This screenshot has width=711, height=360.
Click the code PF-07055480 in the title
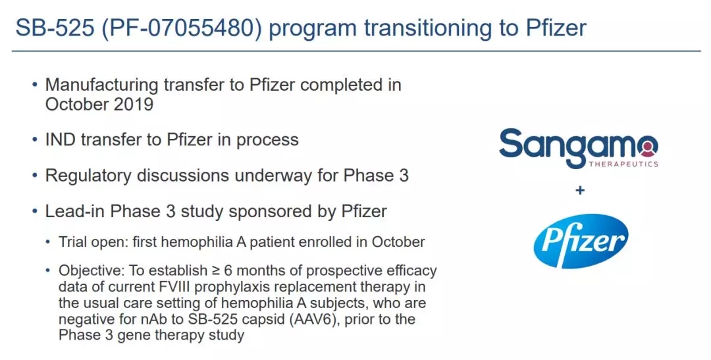coord(182,28)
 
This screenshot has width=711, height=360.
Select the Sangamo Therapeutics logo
coord(579,147)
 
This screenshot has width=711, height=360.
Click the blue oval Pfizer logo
coord(581,241)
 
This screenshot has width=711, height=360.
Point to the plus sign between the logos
coord(579,190)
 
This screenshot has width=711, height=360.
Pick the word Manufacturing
coord(102,86)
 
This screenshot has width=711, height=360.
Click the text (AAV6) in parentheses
coord(315,319)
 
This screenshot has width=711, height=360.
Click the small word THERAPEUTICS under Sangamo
coord(623,164)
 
